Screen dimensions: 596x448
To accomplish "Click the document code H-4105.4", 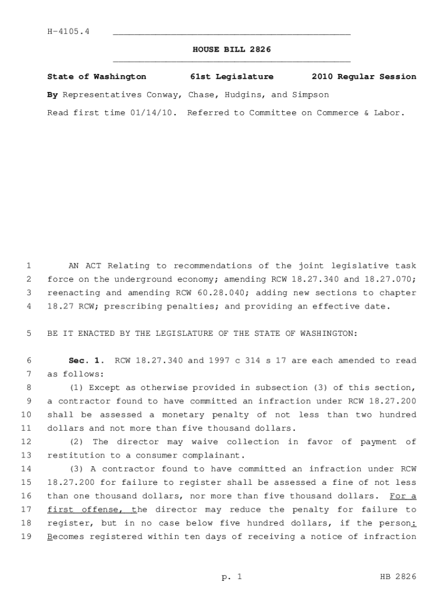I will (68, 31).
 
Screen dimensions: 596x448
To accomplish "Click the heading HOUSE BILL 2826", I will (232, 50).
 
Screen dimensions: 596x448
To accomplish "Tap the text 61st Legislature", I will (232, 77).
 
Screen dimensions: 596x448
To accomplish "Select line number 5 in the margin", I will (29, 334).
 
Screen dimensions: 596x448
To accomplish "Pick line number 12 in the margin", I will (26, 442).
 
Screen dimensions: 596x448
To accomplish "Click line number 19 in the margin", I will (26, 537).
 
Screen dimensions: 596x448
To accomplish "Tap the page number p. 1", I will (231, 577).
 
